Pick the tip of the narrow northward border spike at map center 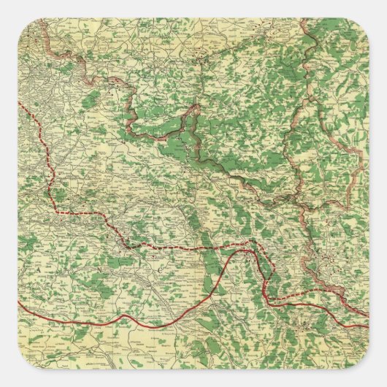click(196, 107)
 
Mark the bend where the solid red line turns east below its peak click(272, 300)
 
